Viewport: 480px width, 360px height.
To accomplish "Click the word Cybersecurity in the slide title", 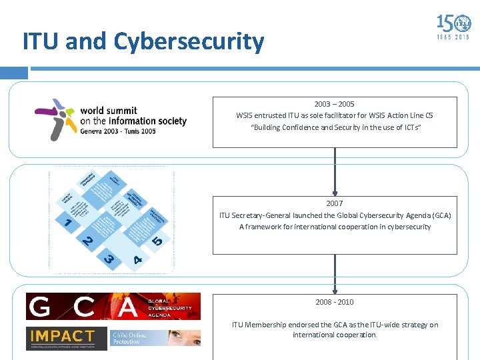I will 189,41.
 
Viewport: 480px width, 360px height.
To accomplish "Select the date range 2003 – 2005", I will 335,104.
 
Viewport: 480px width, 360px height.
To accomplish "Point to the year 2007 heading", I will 335,203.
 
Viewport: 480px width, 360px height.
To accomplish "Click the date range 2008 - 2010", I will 335,302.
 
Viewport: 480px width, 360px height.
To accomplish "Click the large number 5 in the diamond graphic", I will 157,241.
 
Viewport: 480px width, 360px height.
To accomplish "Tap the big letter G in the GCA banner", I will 41,307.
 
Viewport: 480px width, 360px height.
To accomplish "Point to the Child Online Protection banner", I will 164,337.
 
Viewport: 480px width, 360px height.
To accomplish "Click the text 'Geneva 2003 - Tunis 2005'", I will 118,131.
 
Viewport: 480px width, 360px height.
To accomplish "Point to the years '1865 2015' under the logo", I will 453,37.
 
